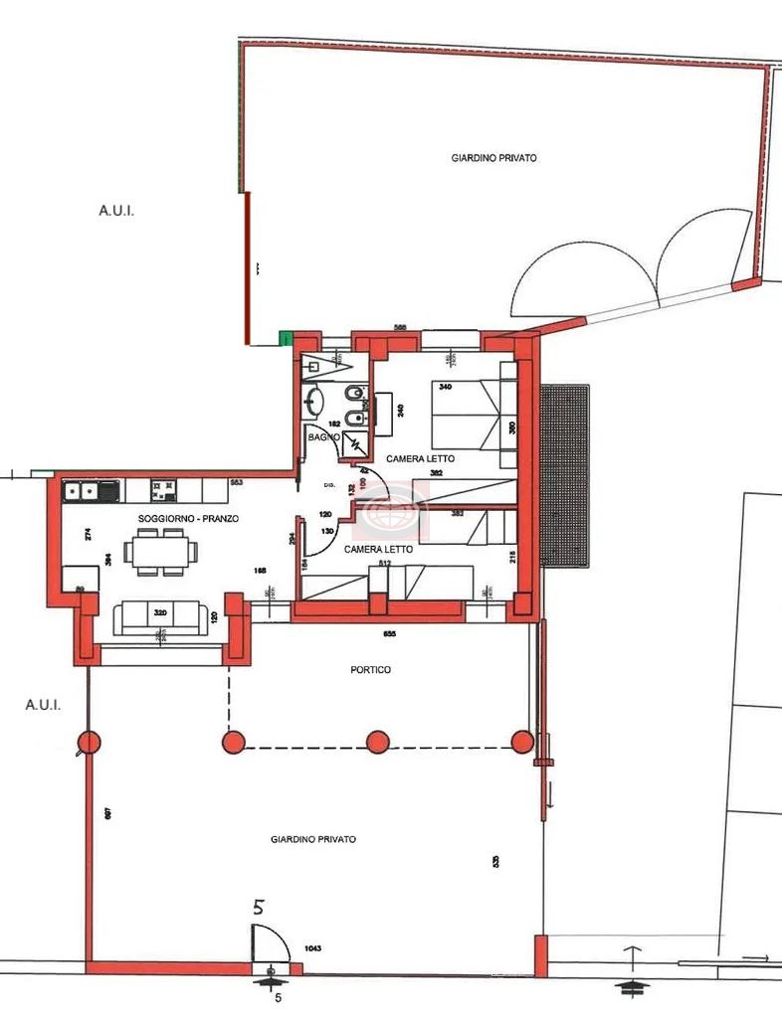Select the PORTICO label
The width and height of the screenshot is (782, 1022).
pyautogui.click(x=370, y=670)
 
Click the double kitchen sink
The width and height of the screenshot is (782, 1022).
pyautogui.click(x=81, y=490)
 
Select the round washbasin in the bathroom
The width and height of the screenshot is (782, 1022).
pyautogui.click(x=315, y=400)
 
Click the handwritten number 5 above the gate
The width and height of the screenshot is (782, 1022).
pyautogui.click(x=260, y=906)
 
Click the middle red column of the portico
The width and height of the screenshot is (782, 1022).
pyautogui.click(x=378, y=741)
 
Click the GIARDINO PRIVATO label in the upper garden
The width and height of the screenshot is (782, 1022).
pyautogui.click(x=494, y=158)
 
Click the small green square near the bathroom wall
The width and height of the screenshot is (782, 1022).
pyautogui.click(x=287, y=338)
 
